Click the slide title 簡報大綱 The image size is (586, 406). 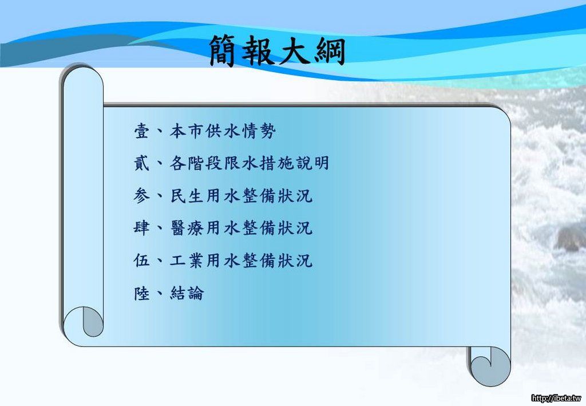coord(277,51)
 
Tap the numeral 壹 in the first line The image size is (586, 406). coord(142,131)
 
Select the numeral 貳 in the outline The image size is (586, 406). coord(142,163)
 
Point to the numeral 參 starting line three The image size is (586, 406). coord(142,195)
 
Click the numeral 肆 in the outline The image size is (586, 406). coord(142,228)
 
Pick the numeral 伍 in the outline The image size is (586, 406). coord(142,260)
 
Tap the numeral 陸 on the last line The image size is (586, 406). coord(142,293)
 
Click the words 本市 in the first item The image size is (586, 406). coord(187,131)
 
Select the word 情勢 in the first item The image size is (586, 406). coord(259,131)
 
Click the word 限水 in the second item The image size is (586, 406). coord(241,163)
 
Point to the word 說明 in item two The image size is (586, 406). coord(312,163)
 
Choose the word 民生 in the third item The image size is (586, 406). coord(187,195)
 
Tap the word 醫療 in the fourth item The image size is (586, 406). coord(187,228)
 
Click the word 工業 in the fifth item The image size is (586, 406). coord(187,260)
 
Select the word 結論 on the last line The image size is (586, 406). coord(187,293)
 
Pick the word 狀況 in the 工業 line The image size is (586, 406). coord(295,260)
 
